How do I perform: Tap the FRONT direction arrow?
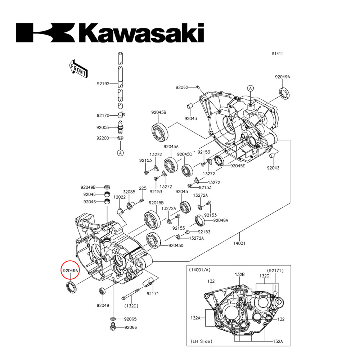point(77,68)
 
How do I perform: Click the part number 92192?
point(103,84)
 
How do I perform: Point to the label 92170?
point(103,115)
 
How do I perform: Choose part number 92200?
point(103,138)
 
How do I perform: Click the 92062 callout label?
point(182,87)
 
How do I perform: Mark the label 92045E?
point(238,166)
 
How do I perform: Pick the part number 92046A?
point(221,220)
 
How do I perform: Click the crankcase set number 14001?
point(239,243)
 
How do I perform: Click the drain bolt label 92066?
point(131,327)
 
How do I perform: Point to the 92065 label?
point(130,319)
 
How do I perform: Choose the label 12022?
point(120,197)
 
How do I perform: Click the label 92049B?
point(88,187)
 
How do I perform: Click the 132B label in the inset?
point(240,274)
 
